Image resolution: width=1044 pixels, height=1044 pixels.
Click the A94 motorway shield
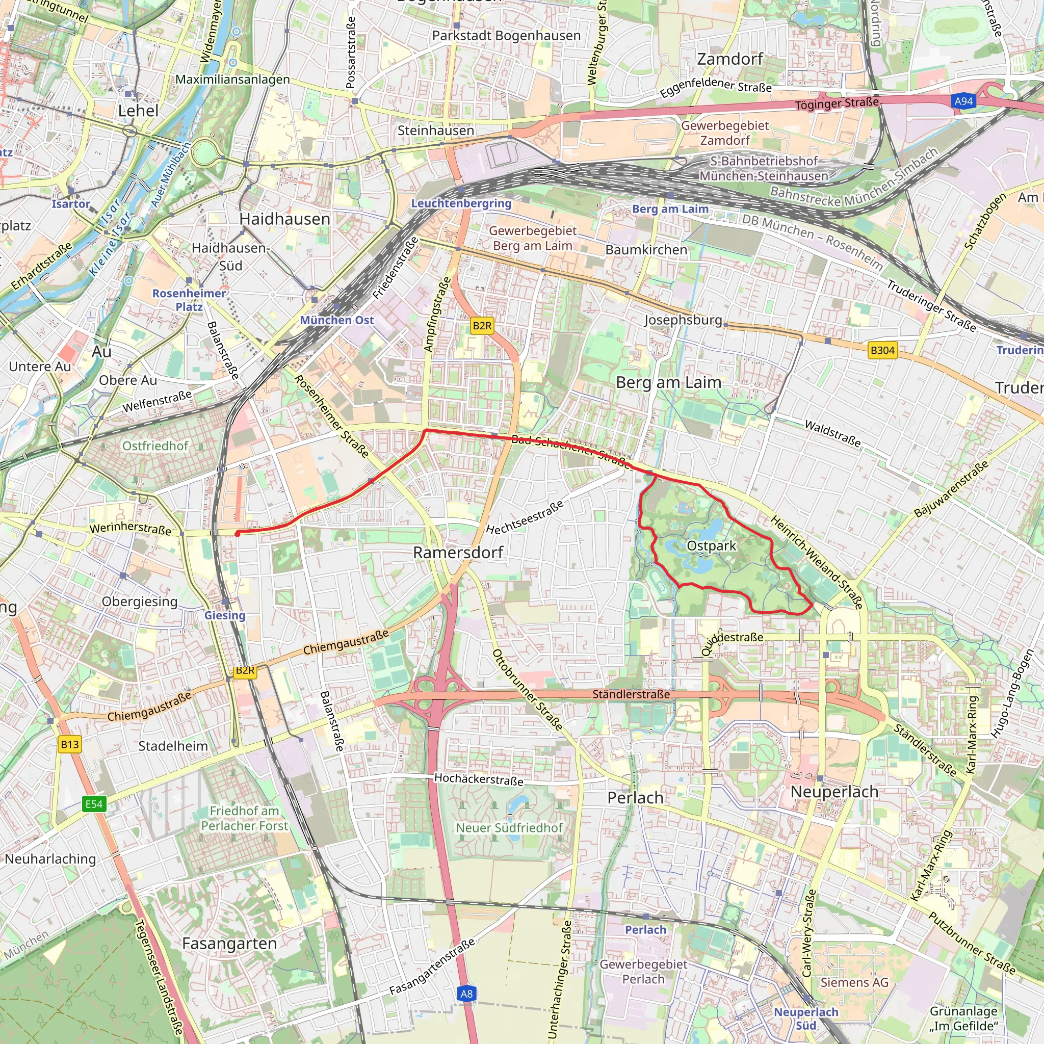(963, 101)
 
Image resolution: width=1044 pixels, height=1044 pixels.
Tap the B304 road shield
(882, 350)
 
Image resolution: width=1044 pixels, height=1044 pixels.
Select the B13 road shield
(70, 744)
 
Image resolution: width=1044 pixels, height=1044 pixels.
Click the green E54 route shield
(94, 804)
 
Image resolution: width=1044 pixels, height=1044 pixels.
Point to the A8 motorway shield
(466, 993)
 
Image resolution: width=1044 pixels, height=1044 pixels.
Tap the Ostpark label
(711, 546)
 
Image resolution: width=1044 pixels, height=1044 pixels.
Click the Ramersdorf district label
(458, 552)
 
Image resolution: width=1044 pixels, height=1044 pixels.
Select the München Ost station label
(336, 320)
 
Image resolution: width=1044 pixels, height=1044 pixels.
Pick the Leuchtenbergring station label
(461, 203)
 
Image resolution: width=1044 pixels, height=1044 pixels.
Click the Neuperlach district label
(834, 792)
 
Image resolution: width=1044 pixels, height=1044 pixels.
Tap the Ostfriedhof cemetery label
(155, 446)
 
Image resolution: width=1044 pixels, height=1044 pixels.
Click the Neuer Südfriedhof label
(509, 828)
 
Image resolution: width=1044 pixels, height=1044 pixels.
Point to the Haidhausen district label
(284, 219)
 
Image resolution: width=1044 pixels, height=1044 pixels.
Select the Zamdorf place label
(729, 59)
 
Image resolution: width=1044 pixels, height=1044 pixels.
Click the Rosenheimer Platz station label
(189, 299)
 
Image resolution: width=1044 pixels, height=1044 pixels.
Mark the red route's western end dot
(237, 534)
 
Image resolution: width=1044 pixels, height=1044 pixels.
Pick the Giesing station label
(225, 615)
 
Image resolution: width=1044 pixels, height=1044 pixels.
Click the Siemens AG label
(854, 982)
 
